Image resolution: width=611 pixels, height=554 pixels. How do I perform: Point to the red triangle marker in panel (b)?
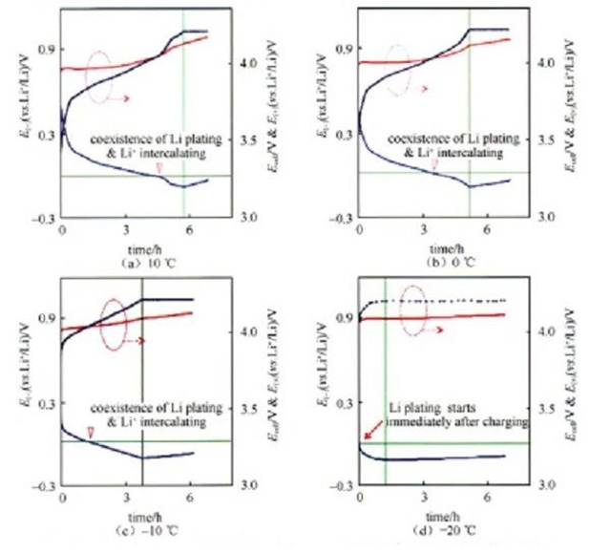pos(435,166)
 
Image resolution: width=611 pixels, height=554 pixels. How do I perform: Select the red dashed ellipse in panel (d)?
pos(416,312)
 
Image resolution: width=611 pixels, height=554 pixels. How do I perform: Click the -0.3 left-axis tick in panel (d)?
pos(340,486)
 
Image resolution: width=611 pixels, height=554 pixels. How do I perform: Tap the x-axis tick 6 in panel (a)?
pos(189,231)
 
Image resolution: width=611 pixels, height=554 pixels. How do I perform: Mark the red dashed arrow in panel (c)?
pos(134,341)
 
